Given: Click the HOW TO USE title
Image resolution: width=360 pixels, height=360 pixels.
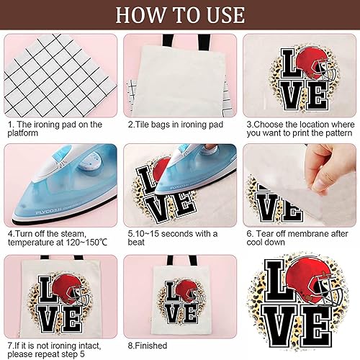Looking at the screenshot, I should pyautogui.click(x=179, y=15).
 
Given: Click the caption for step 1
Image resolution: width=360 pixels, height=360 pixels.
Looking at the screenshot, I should pyautogui.click(x=53, y=128).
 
